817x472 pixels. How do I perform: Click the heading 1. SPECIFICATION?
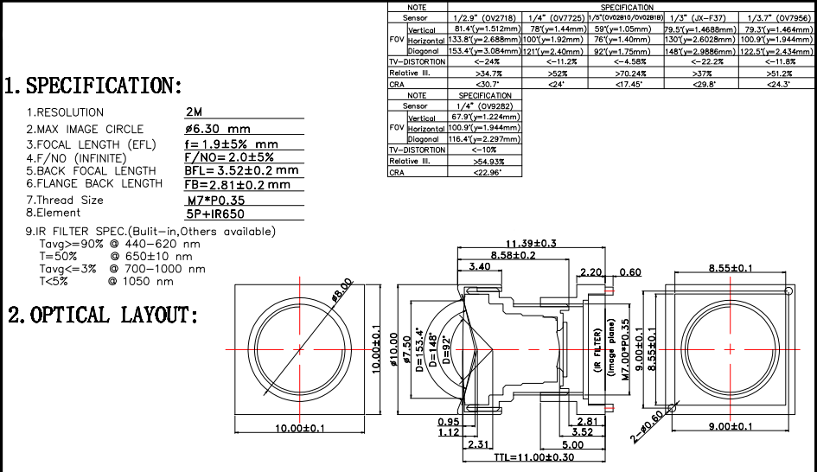93,86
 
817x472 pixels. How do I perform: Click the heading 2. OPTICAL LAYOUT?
103,315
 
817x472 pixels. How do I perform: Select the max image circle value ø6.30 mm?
219,129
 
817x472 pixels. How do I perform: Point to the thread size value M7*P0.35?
212,201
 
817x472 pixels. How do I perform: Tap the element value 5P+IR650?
216,213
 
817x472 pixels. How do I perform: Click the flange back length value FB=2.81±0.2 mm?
238,184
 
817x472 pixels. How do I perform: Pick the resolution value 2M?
195,112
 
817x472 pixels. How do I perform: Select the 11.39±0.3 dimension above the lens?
531,243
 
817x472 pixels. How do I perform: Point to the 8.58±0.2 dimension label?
513,255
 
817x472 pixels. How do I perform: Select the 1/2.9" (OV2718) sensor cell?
487,17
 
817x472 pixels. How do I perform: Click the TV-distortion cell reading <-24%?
487,62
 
